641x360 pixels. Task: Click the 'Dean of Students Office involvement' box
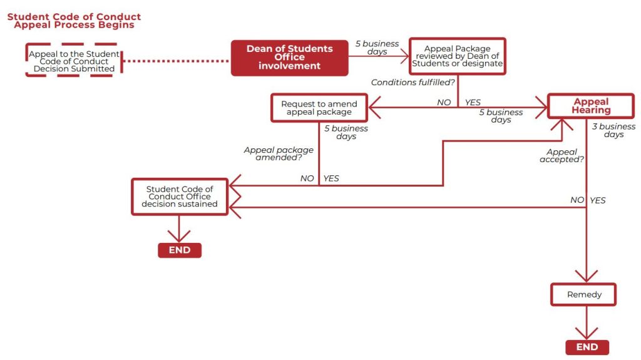289,58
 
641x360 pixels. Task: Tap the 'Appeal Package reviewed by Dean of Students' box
458,56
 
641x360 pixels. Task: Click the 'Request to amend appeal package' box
319,108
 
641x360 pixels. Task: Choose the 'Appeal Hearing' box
591,106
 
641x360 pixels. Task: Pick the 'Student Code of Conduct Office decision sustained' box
180,197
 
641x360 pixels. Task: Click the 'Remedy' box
583,294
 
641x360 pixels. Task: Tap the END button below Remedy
587,347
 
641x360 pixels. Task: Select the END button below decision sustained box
180,250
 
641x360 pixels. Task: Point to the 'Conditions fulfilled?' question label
413,82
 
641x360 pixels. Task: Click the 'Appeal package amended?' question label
279,153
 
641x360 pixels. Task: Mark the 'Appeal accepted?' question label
562,155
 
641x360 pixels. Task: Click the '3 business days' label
613,130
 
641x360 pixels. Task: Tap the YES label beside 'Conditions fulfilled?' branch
473,102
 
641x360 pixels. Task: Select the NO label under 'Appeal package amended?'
307,178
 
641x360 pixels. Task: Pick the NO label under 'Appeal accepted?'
577,200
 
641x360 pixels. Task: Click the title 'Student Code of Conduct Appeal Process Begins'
74,21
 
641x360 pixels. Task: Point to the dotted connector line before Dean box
176,61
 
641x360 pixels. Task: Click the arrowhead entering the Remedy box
587,277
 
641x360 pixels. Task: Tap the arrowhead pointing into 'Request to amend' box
374,108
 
